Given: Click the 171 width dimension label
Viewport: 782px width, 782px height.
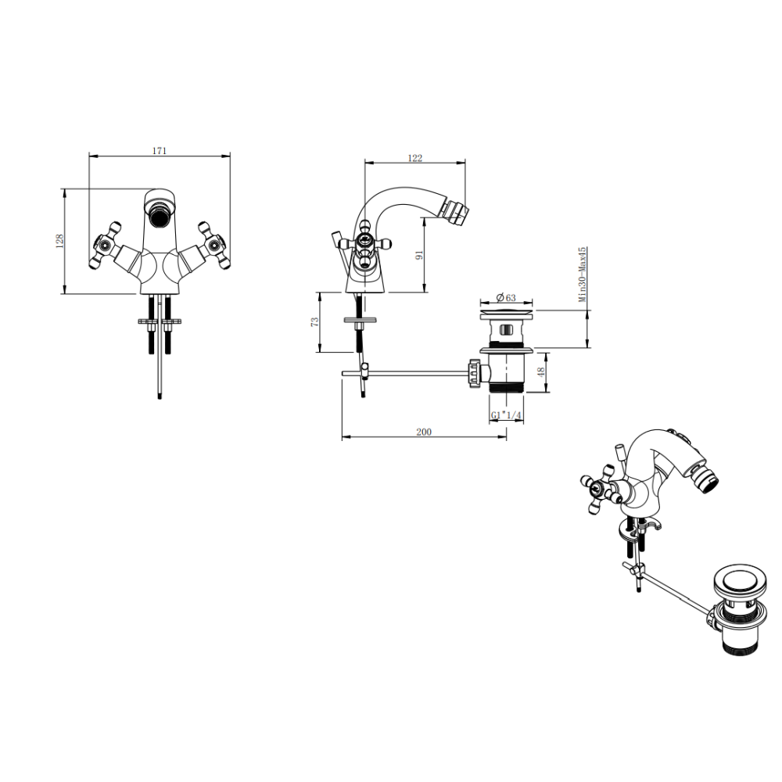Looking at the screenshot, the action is click(x=159, y=150).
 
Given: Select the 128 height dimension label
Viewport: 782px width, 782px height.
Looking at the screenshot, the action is click(x=59, y=241).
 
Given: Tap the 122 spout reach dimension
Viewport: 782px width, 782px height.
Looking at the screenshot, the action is click(x=415, y=158).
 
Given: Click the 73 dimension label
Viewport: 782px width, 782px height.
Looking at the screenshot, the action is click(x=314, y=322).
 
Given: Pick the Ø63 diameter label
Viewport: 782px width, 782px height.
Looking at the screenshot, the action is click(x=506, y=298).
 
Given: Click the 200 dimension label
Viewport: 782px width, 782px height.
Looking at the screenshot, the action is click(x=424, y=432).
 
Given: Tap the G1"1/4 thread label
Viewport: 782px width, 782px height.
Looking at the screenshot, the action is click(x=506, y=415).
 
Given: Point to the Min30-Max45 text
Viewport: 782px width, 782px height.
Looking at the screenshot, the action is click(x=582, y=274).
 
